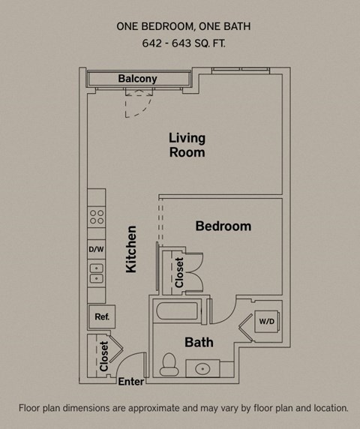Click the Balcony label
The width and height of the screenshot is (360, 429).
click(x=137, y=79)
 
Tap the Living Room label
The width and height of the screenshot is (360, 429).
click(x=187, y=145)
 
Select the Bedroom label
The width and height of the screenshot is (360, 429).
click(x=223, y=226)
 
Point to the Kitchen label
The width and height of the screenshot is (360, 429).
click(x=131, y=249)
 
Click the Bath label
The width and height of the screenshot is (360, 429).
click(x=199, y=342)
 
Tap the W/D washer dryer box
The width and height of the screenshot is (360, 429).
click(x=266, y=322)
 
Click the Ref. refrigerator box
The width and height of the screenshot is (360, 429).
click(x=102, y=317)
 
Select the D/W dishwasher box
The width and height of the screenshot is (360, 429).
click(x=96, y=249)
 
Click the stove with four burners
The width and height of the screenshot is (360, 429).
click(x=96, y=217)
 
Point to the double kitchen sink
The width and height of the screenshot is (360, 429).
click(x=96, y=273)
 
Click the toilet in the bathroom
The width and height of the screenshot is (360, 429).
click(x=170, y=365)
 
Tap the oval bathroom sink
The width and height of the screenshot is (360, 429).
click(x=202, y=368)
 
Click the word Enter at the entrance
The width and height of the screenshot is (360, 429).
click(x=131, y=382)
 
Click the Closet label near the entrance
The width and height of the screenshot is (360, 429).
click(x=103, y=357)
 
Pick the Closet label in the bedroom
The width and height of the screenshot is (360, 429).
click(x=179, y=273)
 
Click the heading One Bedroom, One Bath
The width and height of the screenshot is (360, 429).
click(x=183, y=26)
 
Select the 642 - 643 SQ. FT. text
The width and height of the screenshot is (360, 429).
click(x=183, y=43)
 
